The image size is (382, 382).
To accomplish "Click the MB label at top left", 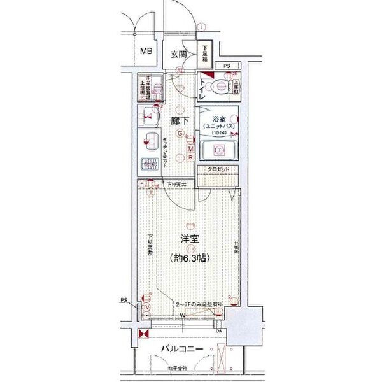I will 146,52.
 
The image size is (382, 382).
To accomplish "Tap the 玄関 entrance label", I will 179,55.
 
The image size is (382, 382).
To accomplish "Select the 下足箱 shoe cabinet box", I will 206,51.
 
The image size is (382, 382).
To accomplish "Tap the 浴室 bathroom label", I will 218,118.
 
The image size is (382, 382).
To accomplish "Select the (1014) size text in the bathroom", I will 218,133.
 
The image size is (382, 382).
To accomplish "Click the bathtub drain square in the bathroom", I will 218,150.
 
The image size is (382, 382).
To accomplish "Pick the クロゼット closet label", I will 218,169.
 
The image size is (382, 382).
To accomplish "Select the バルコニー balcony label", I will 181,350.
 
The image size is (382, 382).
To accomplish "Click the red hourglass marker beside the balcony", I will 143,334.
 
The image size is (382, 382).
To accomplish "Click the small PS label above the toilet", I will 226,66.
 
